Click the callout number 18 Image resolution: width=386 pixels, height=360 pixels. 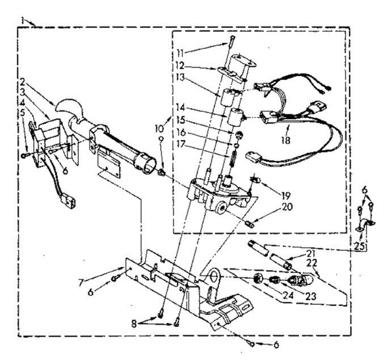[285, 140]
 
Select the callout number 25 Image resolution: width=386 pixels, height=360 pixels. [360, 247]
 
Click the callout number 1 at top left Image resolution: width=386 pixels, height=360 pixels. [22, 21]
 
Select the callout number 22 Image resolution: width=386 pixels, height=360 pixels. [312, 263]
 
